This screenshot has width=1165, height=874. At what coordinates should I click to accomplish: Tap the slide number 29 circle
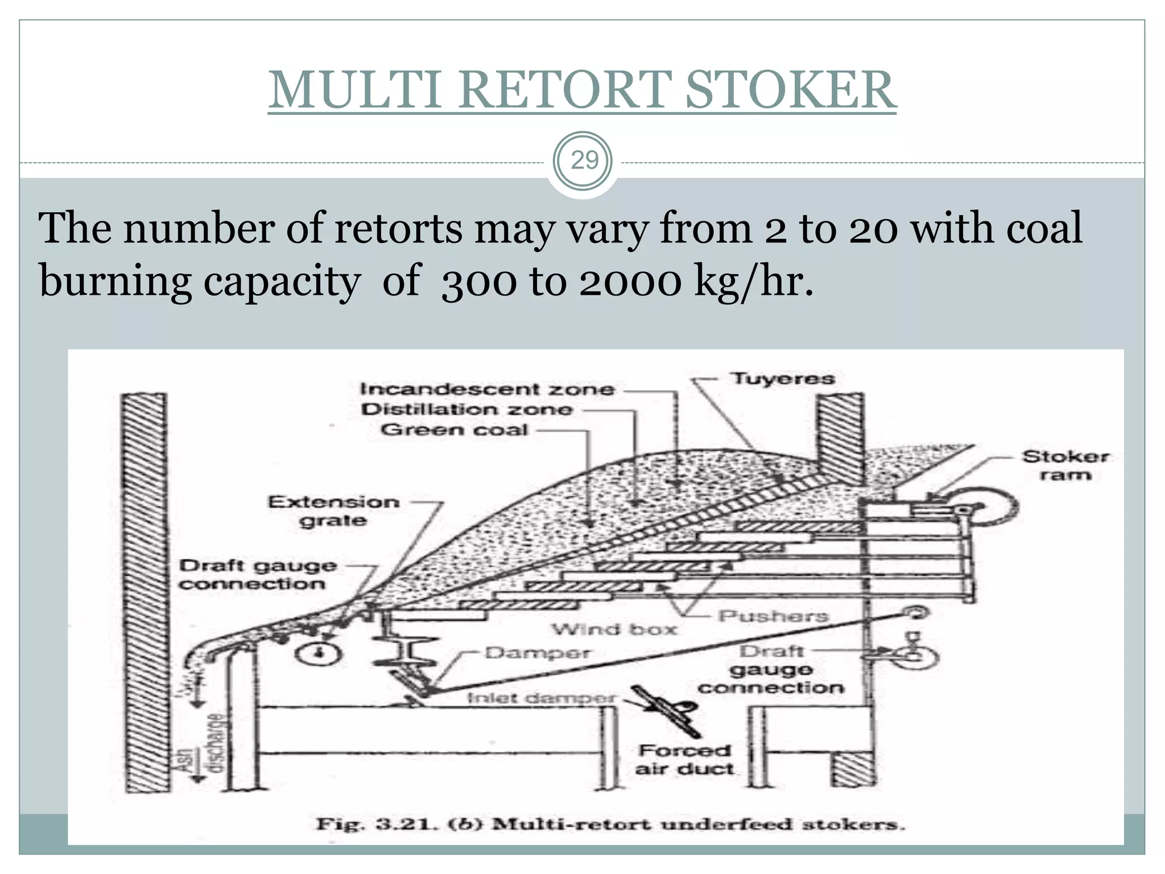(x=584, y=161)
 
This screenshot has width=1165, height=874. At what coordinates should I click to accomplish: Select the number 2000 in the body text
(x=630, y=282)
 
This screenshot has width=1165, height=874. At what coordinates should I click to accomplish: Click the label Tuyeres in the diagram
(x=783, y=378)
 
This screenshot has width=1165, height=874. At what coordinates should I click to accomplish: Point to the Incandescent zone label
(x=488, y=389)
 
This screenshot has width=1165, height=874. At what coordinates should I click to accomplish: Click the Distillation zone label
(x=466, y=410)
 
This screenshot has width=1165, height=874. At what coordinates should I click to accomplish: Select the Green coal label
(x=455, y=430)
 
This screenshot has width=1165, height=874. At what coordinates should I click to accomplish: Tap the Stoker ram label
(x=1065, y=465)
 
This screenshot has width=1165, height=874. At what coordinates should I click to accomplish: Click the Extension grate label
(x=334, y=511)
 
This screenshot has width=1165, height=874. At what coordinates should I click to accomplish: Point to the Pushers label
(x=773, y=616)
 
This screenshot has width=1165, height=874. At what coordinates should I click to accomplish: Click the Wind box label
(x=614, y=629)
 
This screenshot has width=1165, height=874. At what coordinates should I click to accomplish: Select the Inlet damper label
(x=541, y=698)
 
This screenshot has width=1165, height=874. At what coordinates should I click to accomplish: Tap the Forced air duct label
(x=684, y=760)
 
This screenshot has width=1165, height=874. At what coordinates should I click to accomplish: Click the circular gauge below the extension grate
(x=319, y=653)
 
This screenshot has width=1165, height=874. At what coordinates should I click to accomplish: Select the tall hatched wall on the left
(x=146, y=592)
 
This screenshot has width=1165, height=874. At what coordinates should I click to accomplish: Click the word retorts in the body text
(x=398, y=229)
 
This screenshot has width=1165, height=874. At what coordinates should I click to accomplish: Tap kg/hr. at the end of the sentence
(x=753, y=282)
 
